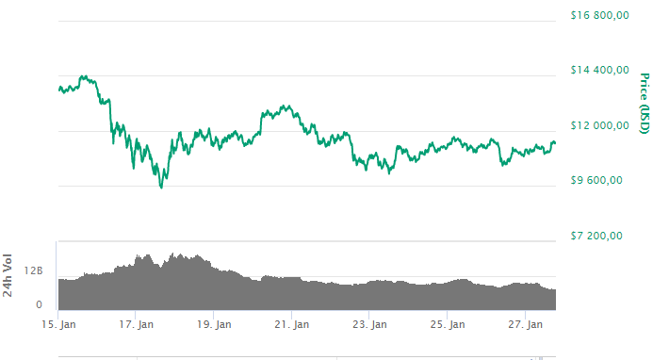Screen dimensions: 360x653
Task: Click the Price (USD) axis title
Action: click(x=645, y=103)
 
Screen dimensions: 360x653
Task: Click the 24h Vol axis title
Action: click(x=8, y=275)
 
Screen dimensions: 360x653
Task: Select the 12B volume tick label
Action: click(x=34, y=271)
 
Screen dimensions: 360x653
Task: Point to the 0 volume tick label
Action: click(x=40, y=304)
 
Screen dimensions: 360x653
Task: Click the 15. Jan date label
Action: click(x=58, y=325)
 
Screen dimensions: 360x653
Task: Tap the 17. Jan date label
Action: click(x=137, y=325)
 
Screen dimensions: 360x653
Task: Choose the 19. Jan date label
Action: click(x=215, y=325)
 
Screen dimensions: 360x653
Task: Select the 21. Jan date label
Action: click(x=292, y=325)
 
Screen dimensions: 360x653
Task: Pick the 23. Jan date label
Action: click(x=370, y=325)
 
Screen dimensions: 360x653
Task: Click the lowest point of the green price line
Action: click(x=161, y=188)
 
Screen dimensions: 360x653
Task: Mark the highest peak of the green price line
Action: click(x=83, y=76)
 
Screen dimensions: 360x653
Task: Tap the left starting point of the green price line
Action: click(x=58, y=89)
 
